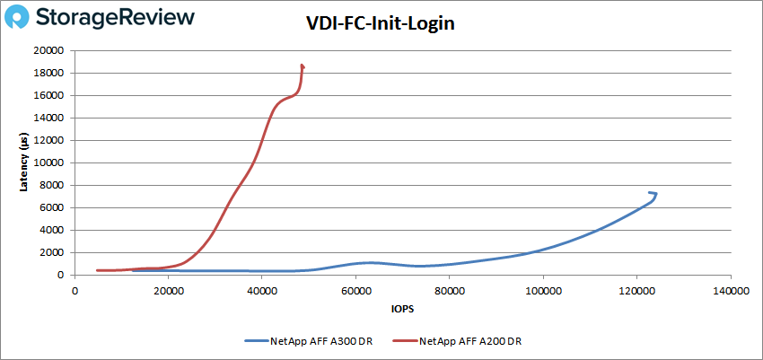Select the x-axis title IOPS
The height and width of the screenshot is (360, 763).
(401, 310)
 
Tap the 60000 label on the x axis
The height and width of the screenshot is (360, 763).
(355, 290)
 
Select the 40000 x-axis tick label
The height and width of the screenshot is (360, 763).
(262, 290)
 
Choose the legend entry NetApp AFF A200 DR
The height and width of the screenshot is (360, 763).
(470, 341)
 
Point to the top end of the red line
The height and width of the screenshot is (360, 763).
(302, 66)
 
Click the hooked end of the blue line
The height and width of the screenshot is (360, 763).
(653, 193)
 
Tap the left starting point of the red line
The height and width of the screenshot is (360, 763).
(97, 270)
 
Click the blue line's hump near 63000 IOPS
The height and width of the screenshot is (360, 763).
(369, 262)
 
